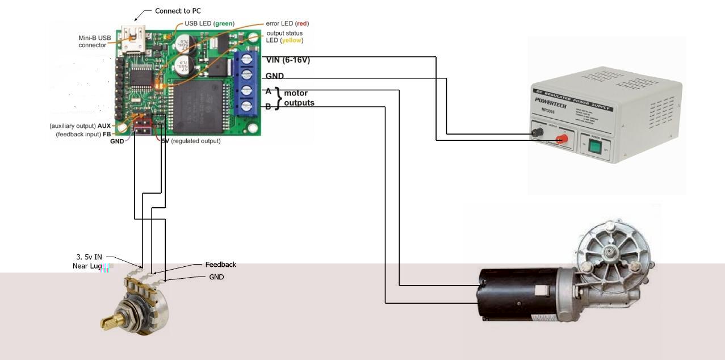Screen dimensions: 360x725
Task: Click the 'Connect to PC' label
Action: (x=178, y=11)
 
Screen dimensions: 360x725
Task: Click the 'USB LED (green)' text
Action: (x=209, y=24)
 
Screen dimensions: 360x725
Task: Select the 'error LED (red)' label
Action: (x=287, y=24)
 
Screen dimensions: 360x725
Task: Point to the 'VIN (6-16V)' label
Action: (x=288, y=60)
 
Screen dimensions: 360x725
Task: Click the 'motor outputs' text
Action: (x=299, y=98)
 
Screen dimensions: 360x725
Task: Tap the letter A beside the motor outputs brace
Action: (x=269, y=91)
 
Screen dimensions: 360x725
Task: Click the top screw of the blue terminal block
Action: (x=247, y=60)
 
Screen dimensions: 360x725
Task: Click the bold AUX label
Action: (x=104, y=126)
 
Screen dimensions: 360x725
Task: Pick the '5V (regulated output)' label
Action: (x=191, y=141)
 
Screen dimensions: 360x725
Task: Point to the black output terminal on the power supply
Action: (x=535, y=134)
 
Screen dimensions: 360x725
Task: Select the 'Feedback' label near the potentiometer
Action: (x=220, y=265)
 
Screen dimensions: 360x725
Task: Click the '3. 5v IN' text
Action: (x=89, y=257)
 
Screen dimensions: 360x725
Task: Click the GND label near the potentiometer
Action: (x=216, y=277)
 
